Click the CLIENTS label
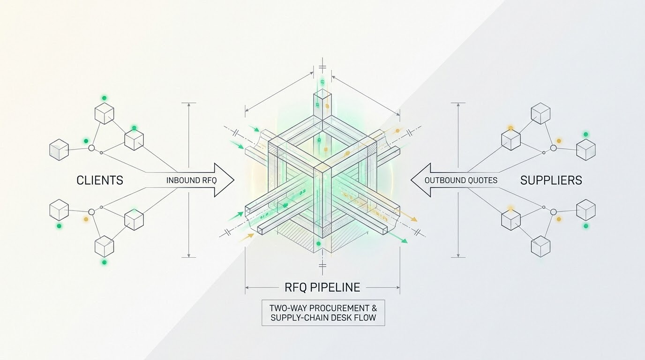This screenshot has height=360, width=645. (x=100, y=180)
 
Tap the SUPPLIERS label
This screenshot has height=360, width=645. (x=551, y=180)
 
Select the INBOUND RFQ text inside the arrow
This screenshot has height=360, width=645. (x=191, y=180)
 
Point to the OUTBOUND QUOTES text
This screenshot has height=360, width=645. (x=461, y=180)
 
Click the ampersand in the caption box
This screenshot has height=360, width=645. (x=374, y=308)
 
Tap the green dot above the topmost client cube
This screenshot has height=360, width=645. (x=104, y=98)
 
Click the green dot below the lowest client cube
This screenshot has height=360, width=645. (x=104, y=262)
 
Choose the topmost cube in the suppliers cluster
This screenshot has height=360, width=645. (x=540, y=113)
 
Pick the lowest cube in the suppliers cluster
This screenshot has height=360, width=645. (x=540, y=246)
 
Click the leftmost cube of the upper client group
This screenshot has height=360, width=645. (x=59, y=150)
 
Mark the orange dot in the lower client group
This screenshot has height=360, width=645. (x=86, y=219)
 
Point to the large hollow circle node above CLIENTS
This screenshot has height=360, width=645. (x=91, y=148)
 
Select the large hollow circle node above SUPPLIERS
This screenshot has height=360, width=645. (x=553, y=148)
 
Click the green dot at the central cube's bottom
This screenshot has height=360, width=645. (x=318, y=244)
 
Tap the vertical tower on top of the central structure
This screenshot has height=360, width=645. (x=322, y=104)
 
